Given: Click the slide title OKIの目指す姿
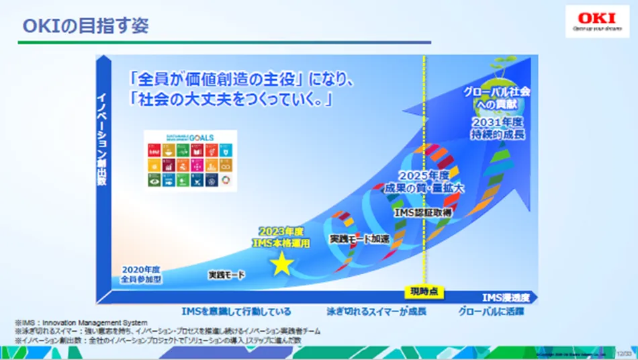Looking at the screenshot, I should pos(86,26).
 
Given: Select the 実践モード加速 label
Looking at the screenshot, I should pos(359,238).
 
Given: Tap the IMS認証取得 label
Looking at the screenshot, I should pos(422,211).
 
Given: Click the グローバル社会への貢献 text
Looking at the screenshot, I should pos(498,97).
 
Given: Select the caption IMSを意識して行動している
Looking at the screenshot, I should pos(236,312).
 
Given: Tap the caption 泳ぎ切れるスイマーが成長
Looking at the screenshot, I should pos(376,312).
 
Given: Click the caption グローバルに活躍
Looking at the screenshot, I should pos(490,312).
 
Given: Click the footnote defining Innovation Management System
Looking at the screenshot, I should pos(81,323).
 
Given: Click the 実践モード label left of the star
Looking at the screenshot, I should pos(226,275).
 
